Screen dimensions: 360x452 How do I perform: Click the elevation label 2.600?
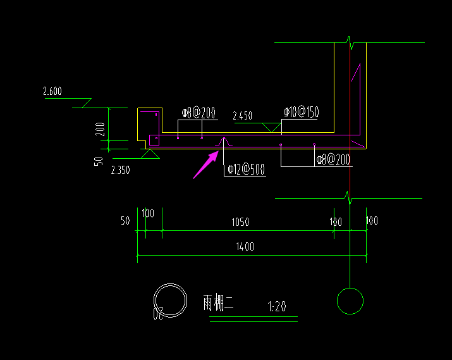[x=52, y=92]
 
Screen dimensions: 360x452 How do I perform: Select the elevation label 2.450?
[x=242, y=116]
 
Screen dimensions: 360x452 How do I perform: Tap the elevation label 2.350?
[x=120, y=170]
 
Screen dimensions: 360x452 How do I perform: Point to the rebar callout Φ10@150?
[x=301, y=113]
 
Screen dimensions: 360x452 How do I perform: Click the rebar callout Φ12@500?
[x=245, y=170]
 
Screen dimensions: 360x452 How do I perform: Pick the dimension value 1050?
[x=240, y=222]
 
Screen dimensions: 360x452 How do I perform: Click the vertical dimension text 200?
[x=100, y=129]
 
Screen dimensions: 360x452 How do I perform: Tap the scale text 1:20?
[x=277, y=307]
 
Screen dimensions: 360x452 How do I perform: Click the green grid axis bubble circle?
[x=350, y=301]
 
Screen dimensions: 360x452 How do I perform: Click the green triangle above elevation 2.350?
[x=150, y=154]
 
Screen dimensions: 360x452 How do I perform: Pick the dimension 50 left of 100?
[x=125, y=221]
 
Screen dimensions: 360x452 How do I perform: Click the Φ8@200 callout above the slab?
[x=199, y=113]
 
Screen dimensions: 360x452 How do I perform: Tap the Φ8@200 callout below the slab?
[x=333, y=160]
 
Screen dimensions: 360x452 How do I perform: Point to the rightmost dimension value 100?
[x=372, y=221]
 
